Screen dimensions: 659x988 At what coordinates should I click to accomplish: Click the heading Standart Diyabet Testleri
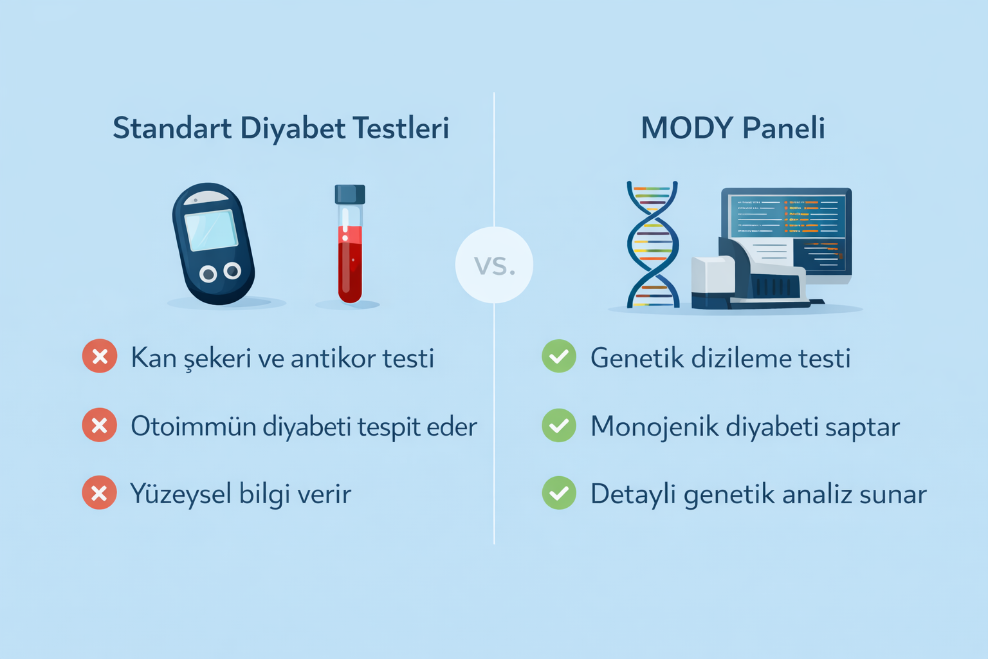(280, 128)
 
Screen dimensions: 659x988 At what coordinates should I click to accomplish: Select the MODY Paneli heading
(733, 128)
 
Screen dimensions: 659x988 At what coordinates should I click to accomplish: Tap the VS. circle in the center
(494, 265)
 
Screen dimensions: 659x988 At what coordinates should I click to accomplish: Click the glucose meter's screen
(211, 230)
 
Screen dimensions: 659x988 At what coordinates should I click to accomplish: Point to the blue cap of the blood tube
(350, 194)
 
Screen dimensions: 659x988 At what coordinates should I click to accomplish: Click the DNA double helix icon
(652, 245)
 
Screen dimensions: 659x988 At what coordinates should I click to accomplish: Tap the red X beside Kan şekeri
(100, 357)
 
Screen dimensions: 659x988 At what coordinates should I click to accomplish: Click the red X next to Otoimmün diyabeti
(100, 425)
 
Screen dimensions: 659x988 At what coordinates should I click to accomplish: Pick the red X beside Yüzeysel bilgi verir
(100, 493)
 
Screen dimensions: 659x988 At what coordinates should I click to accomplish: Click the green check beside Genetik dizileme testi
(559, 357)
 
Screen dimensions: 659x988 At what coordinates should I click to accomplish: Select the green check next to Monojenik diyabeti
(559, 425)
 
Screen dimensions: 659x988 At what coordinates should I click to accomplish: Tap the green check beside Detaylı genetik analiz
(559, 493)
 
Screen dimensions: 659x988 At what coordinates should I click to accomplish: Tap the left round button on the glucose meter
(208, 275)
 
